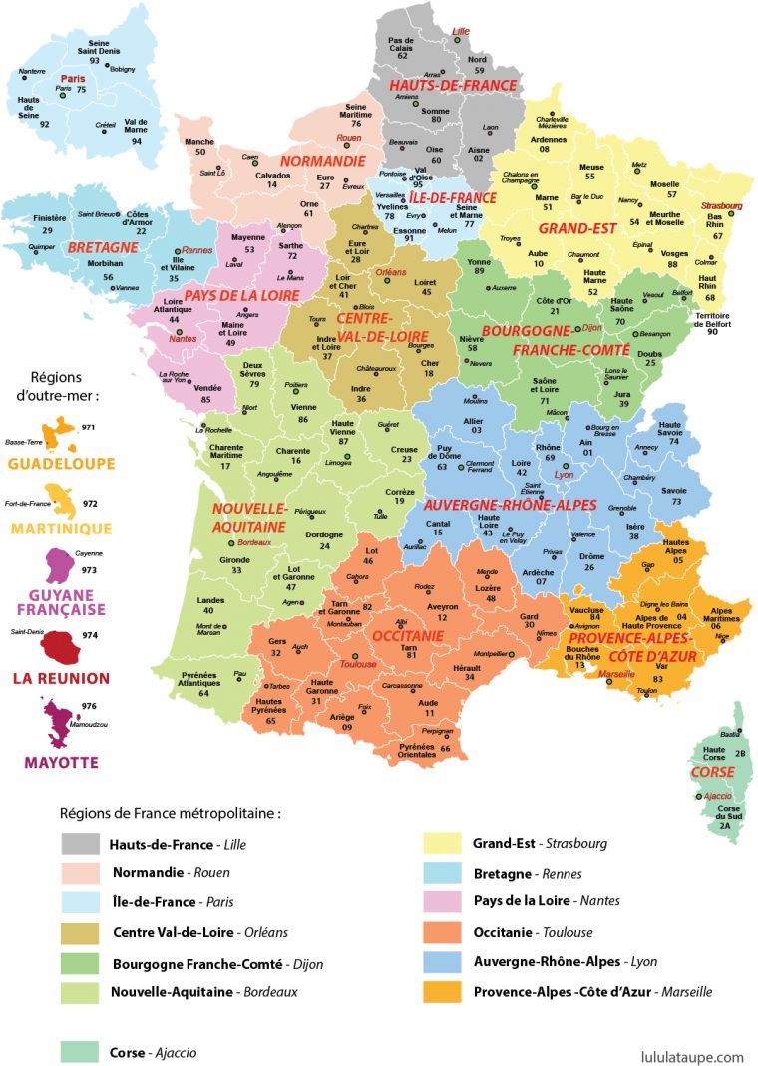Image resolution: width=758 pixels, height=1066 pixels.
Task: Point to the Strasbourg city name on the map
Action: click(x=722, y=206)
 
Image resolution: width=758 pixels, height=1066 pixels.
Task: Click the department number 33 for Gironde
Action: click(x=236, y=570)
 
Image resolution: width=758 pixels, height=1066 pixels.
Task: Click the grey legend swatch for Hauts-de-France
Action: click(x=81, y=844)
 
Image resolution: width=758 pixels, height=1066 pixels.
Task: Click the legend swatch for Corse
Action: click(x=81, y=1051)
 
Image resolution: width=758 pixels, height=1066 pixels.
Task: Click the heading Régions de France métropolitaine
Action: click(x=170, y=814)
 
